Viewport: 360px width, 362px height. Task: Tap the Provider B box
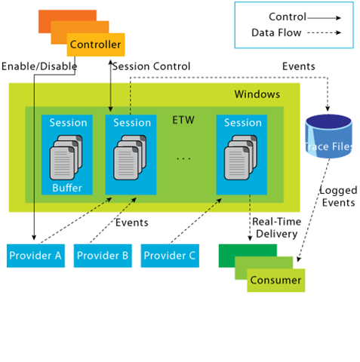click(x=103, y=256)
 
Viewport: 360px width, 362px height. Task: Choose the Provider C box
click(x=170, y=256)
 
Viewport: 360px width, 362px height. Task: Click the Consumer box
click(x=275, y=281)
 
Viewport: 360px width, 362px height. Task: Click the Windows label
click(x=257, y=94)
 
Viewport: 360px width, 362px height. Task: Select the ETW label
click(x=183, y=119)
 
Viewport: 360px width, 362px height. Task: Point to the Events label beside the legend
click(x=298, y=67)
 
